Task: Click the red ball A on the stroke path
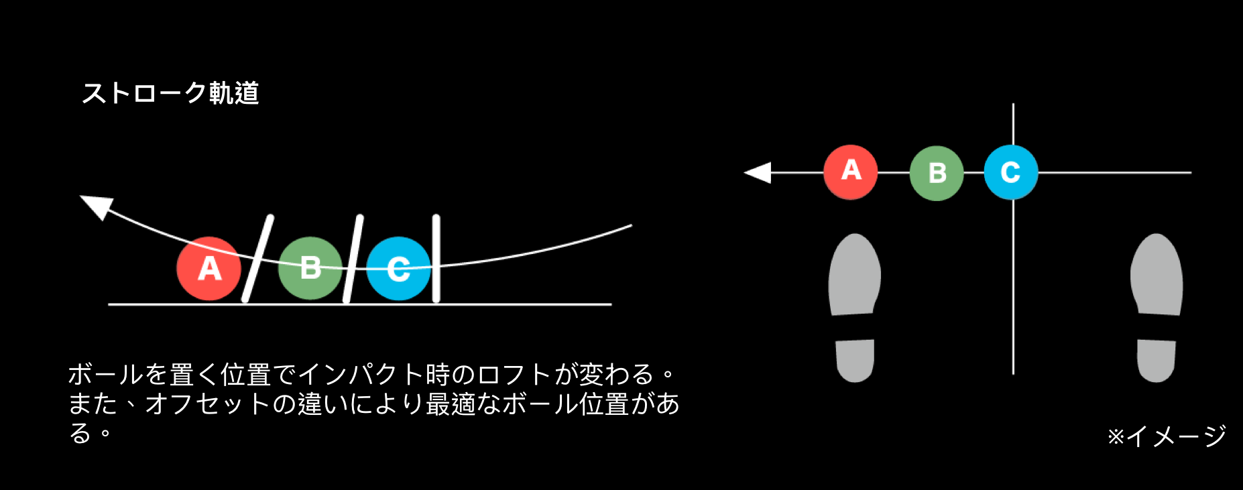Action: tap(209, 269)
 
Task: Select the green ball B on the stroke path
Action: tap(310, 268)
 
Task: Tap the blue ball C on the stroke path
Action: tap(398, 269)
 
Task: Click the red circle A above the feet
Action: tap(851, 172)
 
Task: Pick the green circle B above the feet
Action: tap(937, 173)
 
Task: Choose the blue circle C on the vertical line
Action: tap(1011, 172)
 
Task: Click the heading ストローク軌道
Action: tap(170, 93)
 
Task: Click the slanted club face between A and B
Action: tap(257, 259)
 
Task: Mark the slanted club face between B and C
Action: tap(353, 259)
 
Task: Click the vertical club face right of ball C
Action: tap(436, 259)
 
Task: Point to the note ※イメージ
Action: tap(1167, 436)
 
